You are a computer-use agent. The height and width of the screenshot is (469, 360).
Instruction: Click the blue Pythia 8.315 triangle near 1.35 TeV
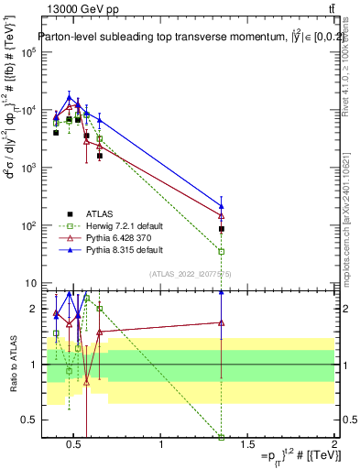coord(221,206)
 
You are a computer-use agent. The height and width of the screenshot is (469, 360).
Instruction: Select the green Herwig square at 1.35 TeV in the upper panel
coord(221,251)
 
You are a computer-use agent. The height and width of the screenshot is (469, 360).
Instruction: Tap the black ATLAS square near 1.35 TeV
coord(221,229)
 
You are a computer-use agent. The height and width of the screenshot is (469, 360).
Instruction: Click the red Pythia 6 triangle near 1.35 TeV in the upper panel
coord(221,215)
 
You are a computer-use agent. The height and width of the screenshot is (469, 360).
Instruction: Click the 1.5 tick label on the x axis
coord(247,445)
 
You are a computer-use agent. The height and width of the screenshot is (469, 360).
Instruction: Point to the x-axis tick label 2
coord(333,445)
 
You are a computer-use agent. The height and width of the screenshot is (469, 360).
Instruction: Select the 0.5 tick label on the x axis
coord(76,445)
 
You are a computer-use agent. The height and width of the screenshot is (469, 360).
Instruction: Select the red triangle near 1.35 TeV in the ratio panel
coord(221,322)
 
